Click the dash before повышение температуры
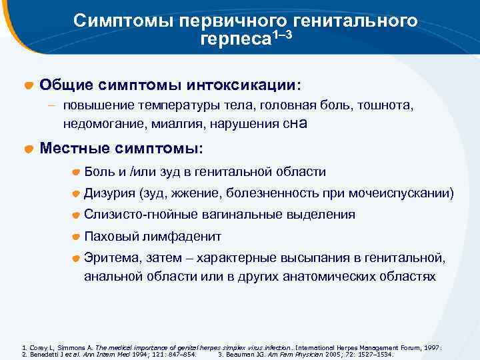click(51, 105)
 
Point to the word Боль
click(99, 172)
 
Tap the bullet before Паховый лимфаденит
click(77, 237)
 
